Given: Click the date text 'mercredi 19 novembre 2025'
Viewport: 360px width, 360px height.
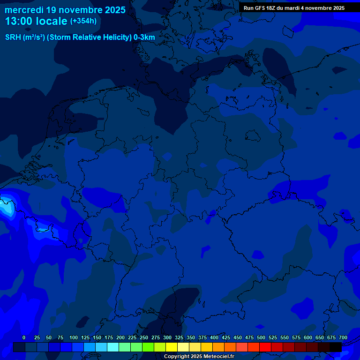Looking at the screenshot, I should click(x=65, y=9).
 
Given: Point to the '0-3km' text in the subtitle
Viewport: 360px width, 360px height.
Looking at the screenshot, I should click(x=144, y=37).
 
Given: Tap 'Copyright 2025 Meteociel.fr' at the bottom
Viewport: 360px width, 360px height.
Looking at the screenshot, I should click(x=199, y=357).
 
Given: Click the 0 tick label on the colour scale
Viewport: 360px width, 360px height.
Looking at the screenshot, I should click(x=24, y=338).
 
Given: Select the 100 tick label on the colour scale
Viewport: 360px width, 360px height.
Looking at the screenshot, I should click(x=74, y=338).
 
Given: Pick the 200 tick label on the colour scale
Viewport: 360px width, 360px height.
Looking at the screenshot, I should click(x=120, y=338).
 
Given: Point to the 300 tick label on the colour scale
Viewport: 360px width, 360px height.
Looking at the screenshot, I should click(x=167, y=338).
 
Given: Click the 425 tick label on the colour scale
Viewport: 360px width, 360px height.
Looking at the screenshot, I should click(x=226, y=338).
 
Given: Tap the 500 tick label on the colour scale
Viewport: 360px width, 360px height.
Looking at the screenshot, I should click(x=261, y=338).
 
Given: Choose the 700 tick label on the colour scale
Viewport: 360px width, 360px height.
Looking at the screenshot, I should click(x=343, y=338).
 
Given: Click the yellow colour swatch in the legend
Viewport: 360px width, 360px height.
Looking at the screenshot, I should click(x=172, y=347).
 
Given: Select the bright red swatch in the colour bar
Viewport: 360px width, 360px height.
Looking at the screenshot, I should click(x=265, y=347).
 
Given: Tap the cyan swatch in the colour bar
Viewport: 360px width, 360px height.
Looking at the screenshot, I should click(x=113, y=347).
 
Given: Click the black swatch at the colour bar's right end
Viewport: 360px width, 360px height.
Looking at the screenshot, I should click(x=336, y=347).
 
